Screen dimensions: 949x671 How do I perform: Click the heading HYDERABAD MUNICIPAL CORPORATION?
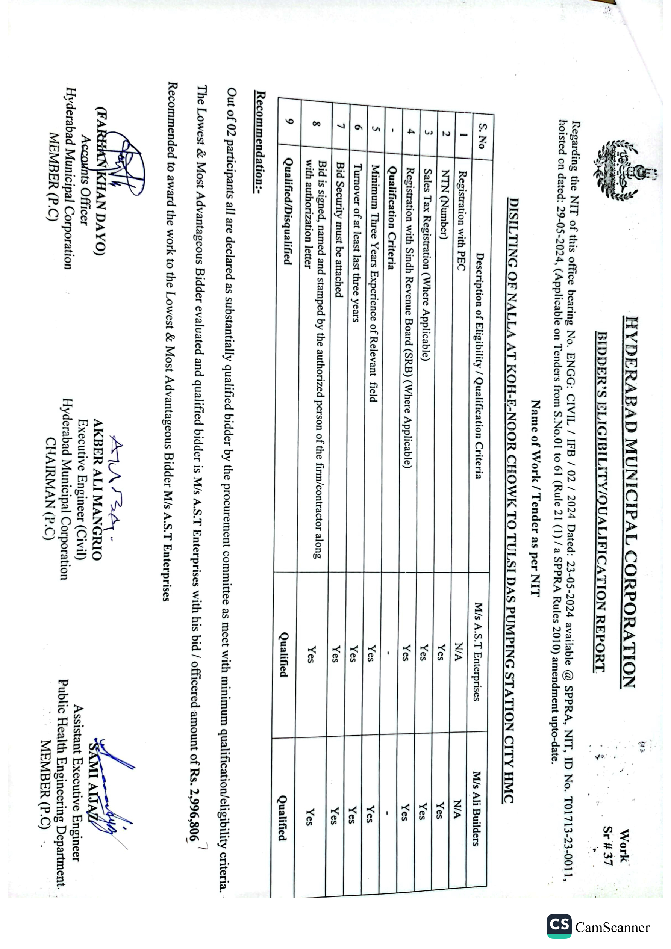coord(630,502)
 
